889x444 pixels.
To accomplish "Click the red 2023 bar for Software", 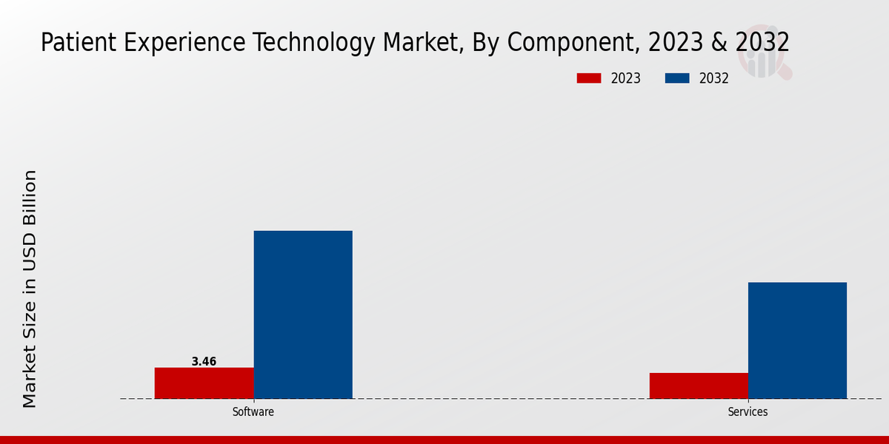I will (204, 383).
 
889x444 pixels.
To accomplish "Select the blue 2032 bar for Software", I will (303, 314).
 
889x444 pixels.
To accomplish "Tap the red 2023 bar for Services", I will (699, 386).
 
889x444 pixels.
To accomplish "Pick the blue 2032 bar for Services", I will (797, 340).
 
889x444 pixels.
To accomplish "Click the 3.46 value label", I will (204, 362).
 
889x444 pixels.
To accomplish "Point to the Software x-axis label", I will (253, 412).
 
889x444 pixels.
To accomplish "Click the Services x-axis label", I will (748, 412).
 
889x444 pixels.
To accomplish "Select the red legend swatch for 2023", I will (589, 78).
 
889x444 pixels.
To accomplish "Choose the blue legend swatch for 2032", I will (677, 78).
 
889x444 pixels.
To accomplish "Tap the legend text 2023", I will (626, 78).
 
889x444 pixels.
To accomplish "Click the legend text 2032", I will (714, 78).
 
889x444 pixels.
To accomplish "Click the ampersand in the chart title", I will (719, 43).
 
